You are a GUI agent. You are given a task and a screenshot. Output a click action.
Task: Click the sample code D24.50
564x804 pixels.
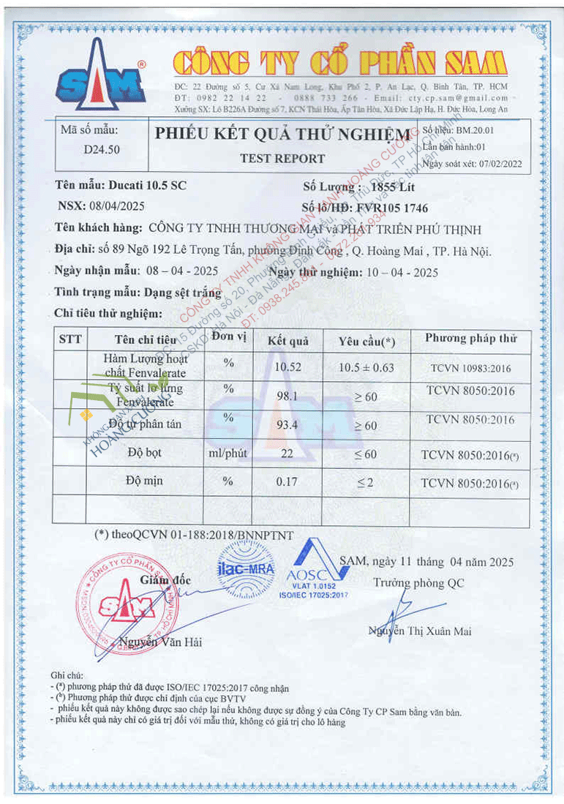(102, 150)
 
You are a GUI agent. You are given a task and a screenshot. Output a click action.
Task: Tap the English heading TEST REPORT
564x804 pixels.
(282, 158)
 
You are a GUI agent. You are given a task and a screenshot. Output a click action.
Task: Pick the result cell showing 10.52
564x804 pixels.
(287, 367)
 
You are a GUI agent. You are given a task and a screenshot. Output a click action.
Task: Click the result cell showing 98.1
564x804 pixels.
(287, 395)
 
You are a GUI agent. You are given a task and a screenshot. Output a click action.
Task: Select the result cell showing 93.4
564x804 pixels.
(287, 425)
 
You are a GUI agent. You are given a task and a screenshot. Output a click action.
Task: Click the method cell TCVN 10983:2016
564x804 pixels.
(470, 367)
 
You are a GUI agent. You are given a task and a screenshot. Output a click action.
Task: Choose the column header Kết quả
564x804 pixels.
(287, 340)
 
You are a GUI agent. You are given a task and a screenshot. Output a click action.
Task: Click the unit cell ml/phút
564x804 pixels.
(228, 454)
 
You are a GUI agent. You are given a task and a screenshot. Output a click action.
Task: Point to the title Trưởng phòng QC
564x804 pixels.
(418, 583)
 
